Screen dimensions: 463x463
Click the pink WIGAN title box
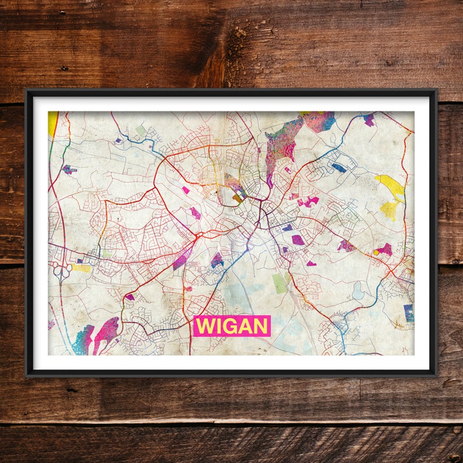[x=232, y=326]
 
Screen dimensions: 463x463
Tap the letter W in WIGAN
[x=204, y=327]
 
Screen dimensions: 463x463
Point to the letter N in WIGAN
[x=260, y=327]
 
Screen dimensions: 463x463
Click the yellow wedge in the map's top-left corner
[x=52, y=122]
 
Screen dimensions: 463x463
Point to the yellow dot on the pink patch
[x=376, y=252]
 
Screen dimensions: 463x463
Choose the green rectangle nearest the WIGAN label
[x=279, y=283]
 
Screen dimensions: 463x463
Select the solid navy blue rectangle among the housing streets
[x=339, y=167]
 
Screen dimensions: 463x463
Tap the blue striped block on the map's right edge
[x=409, y=313]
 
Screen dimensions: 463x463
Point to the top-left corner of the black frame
[x=27, y=90]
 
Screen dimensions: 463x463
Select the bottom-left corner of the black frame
[x=27, y=374]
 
